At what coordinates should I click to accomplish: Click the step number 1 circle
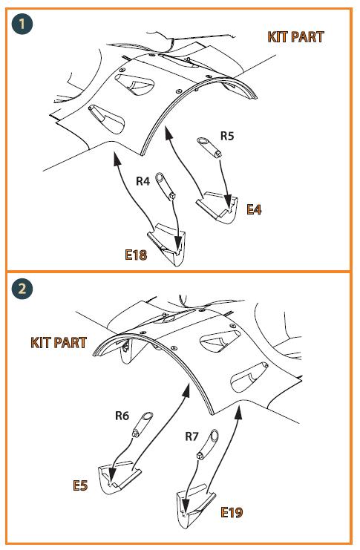[22, 24]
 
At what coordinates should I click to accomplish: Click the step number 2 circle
[22, 289]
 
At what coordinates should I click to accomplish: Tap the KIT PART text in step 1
[295, 37]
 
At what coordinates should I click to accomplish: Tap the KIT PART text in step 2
[59, 343]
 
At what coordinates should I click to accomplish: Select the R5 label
[226, 136]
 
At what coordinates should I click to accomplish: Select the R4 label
[143, 181]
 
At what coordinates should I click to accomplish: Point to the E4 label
[254, 209]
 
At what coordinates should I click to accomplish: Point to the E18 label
[136, 255]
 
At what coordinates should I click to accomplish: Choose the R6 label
[122, 416]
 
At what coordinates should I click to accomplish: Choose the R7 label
[192, 436]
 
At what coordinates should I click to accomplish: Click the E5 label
[80, 485]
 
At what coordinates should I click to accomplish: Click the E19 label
[232, 512]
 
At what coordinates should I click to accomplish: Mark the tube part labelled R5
[209, 147]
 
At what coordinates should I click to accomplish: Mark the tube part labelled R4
[166, 186]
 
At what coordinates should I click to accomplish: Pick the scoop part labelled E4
[217, 207]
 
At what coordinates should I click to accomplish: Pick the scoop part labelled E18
[167, 244]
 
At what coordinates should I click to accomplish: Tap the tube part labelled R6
[142, 425]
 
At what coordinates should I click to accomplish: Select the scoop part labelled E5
[119, 478]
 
